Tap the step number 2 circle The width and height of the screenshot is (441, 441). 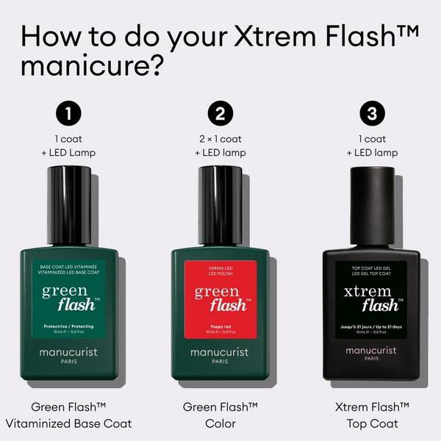[x=220, y=114]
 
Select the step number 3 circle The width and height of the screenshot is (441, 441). [x=372, y=114]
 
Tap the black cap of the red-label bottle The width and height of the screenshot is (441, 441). [x=220, y=206]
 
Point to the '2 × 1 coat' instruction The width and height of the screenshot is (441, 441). [x=220, y=139]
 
